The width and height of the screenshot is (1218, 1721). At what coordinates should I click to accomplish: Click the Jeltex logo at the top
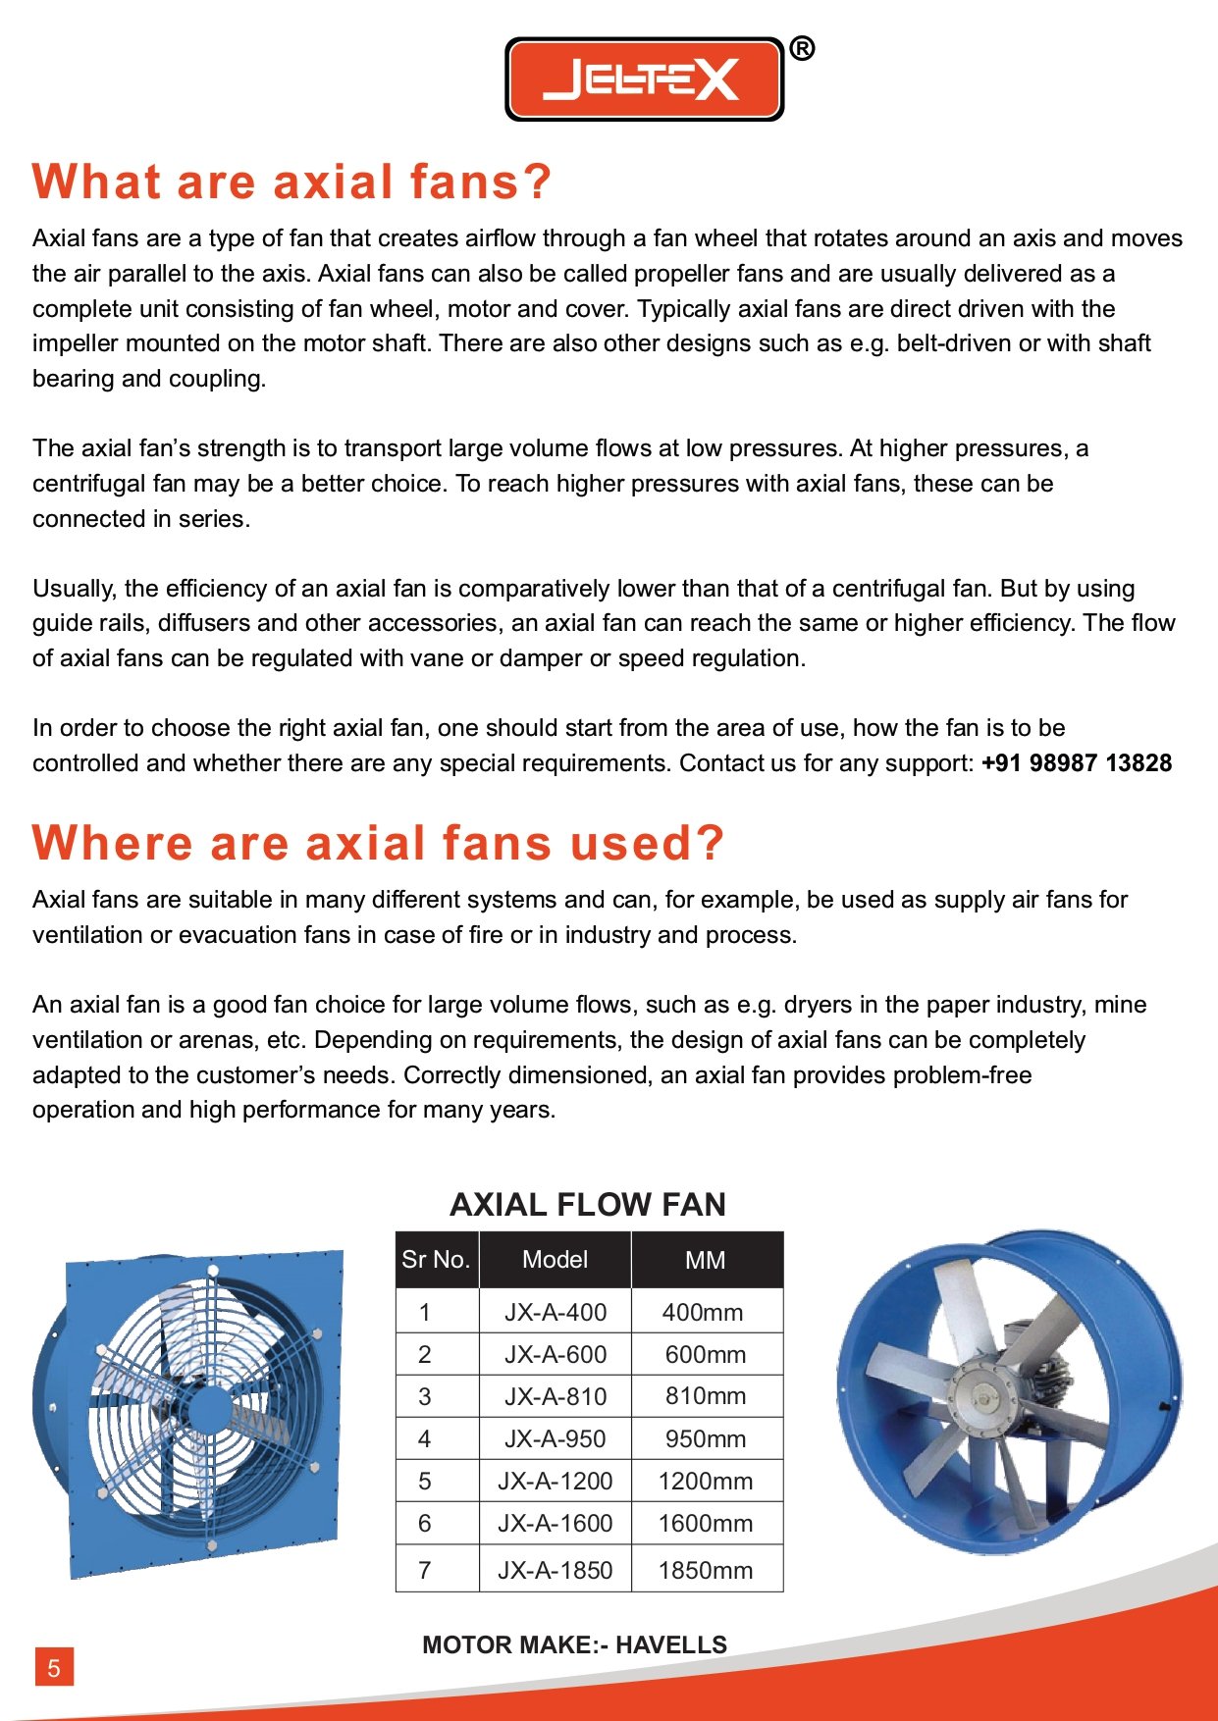click(644, 79)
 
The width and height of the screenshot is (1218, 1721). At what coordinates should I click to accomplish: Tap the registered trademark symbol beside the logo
click(802, 48)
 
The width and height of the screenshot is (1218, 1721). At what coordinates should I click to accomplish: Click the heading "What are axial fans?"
click(291, 183)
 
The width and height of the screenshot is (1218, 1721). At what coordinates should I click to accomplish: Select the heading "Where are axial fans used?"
click(378, 843)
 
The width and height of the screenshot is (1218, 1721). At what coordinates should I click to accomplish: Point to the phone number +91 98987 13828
click(1077, 763)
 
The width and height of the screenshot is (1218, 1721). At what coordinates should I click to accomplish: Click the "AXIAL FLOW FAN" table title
click(588, 1204)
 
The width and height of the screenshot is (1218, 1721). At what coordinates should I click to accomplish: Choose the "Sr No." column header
click(437, 1260)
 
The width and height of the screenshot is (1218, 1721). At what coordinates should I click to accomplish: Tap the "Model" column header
click(555, 1260)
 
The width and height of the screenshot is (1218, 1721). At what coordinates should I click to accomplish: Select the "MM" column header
click(706, 1261)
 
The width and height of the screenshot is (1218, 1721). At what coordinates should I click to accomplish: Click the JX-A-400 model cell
click(556, 1312)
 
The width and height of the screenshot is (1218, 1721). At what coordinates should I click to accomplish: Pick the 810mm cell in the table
click(706, 1396)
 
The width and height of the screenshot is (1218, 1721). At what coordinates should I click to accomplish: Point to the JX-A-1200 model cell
click(556, 1481)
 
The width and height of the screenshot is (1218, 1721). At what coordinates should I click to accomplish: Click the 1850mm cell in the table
click(706, 1570)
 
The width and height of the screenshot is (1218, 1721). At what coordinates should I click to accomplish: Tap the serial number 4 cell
click(424, 1438)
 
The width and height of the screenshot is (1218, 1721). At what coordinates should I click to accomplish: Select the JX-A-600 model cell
click(556, 1354)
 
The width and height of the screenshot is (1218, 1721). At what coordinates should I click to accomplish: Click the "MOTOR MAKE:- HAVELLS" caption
click(575, 1644)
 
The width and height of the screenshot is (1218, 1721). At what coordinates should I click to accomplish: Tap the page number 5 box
click(54, 1667)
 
